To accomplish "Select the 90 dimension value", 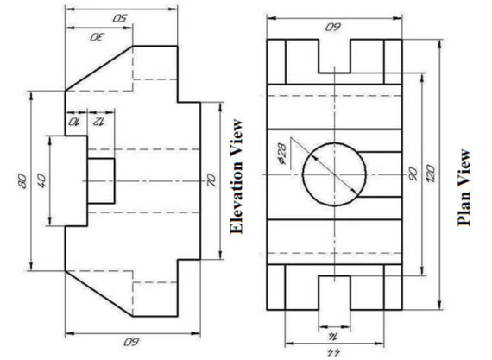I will (x=413, y=174).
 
